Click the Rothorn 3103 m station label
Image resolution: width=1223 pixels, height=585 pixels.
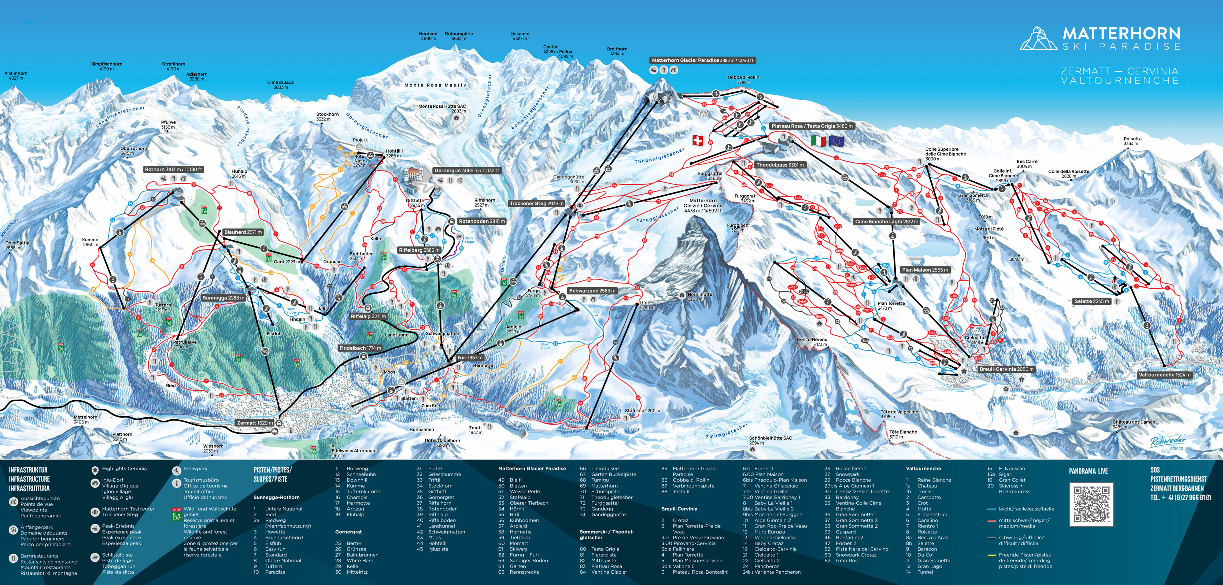(174, 169)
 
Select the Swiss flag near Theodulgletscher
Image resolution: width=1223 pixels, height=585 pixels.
(697, 140)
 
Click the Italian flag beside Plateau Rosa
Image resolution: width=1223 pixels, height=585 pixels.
(818, 141)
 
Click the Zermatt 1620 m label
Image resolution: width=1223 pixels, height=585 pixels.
(255, 423)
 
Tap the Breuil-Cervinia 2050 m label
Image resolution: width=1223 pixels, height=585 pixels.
(1006, 369)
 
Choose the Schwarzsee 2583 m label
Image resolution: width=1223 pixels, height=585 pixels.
(592, 291)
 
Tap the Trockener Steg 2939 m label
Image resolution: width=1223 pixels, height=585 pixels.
(537, 204)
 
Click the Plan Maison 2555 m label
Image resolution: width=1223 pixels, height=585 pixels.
(925, 270)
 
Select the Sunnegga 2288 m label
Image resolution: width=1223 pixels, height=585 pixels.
(223, 298)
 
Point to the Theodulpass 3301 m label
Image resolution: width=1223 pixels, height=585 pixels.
(780, 165)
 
